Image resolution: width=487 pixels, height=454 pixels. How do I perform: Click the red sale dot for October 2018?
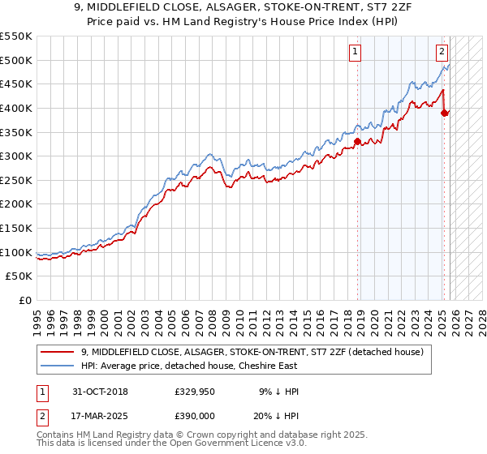click(x=357, y=141)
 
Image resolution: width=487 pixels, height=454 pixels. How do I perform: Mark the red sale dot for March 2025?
click(x=444, y=113)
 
